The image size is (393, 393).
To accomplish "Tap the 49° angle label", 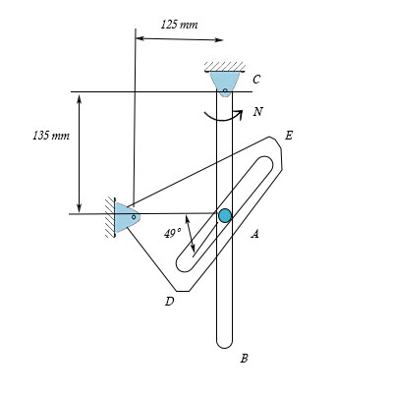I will coord(173,233).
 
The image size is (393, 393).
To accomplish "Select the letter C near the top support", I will coord(255,80).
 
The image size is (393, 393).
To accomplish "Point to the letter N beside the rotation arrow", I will coord(257,112).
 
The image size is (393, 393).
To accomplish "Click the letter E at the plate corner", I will coord(288,135).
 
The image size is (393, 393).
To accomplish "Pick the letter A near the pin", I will coord(254,234).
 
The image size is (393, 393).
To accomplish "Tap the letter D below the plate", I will coord(169,302).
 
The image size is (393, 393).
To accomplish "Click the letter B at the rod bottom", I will coord(244,359).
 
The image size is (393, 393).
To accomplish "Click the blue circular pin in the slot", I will coord(225,215).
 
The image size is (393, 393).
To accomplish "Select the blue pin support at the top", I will coord(225,83).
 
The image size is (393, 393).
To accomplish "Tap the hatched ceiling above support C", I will coord(225,66).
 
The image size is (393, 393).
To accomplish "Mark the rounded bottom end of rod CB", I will coord(225,343).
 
